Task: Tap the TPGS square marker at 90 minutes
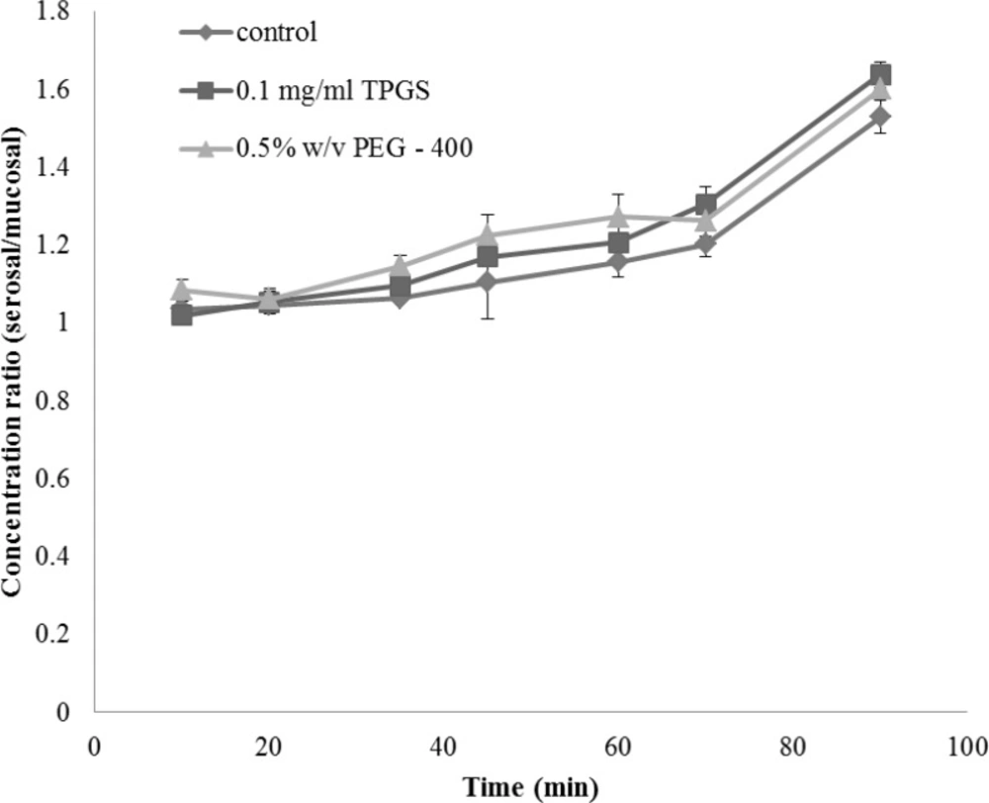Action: (880, 75)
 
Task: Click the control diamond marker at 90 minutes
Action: (880, 117)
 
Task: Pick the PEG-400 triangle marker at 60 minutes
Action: (619, 216)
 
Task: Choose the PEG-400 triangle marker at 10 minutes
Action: (181, 290)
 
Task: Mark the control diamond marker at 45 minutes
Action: (488, 283)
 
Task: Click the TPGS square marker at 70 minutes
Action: (706, 205)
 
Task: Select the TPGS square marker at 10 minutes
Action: (181, 314)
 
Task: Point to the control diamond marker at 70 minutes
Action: (706, 243)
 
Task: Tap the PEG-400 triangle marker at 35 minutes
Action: (401, 266)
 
